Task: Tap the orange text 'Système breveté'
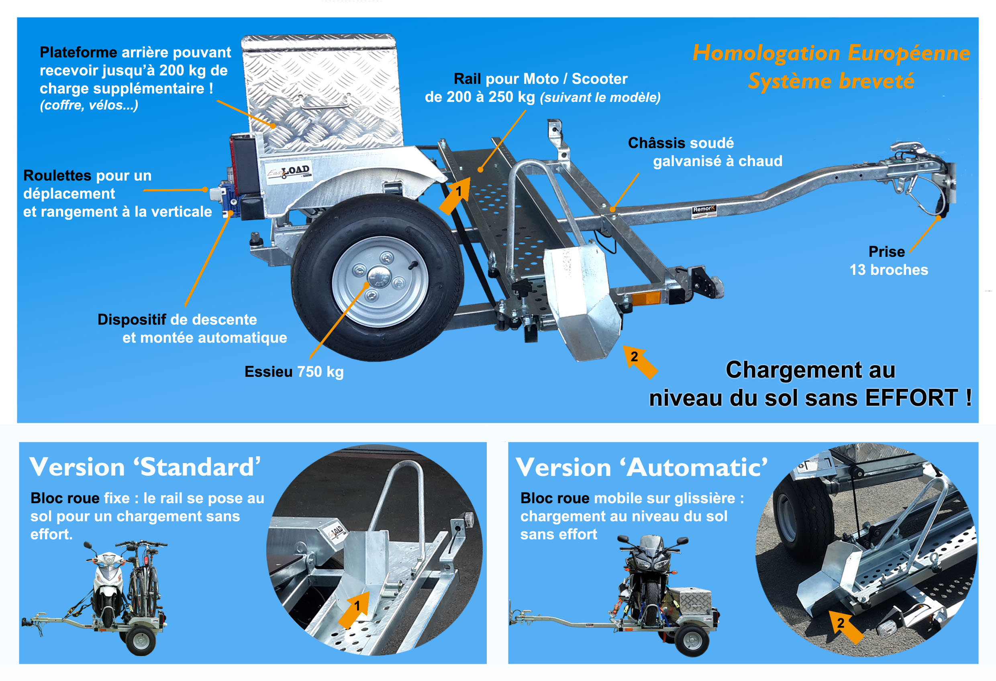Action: [831, 81]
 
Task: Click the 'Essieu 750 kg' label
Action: [294, 372]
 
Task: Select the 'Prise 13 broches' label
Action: [888, 260]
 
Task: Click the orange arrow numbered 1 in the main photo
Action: [455, 195]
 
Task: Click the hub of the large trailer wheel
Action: [379, 276]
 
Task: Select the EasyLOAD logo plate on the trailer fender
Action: [288, 172]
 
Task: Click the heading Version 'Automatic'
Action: [641, 467]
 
